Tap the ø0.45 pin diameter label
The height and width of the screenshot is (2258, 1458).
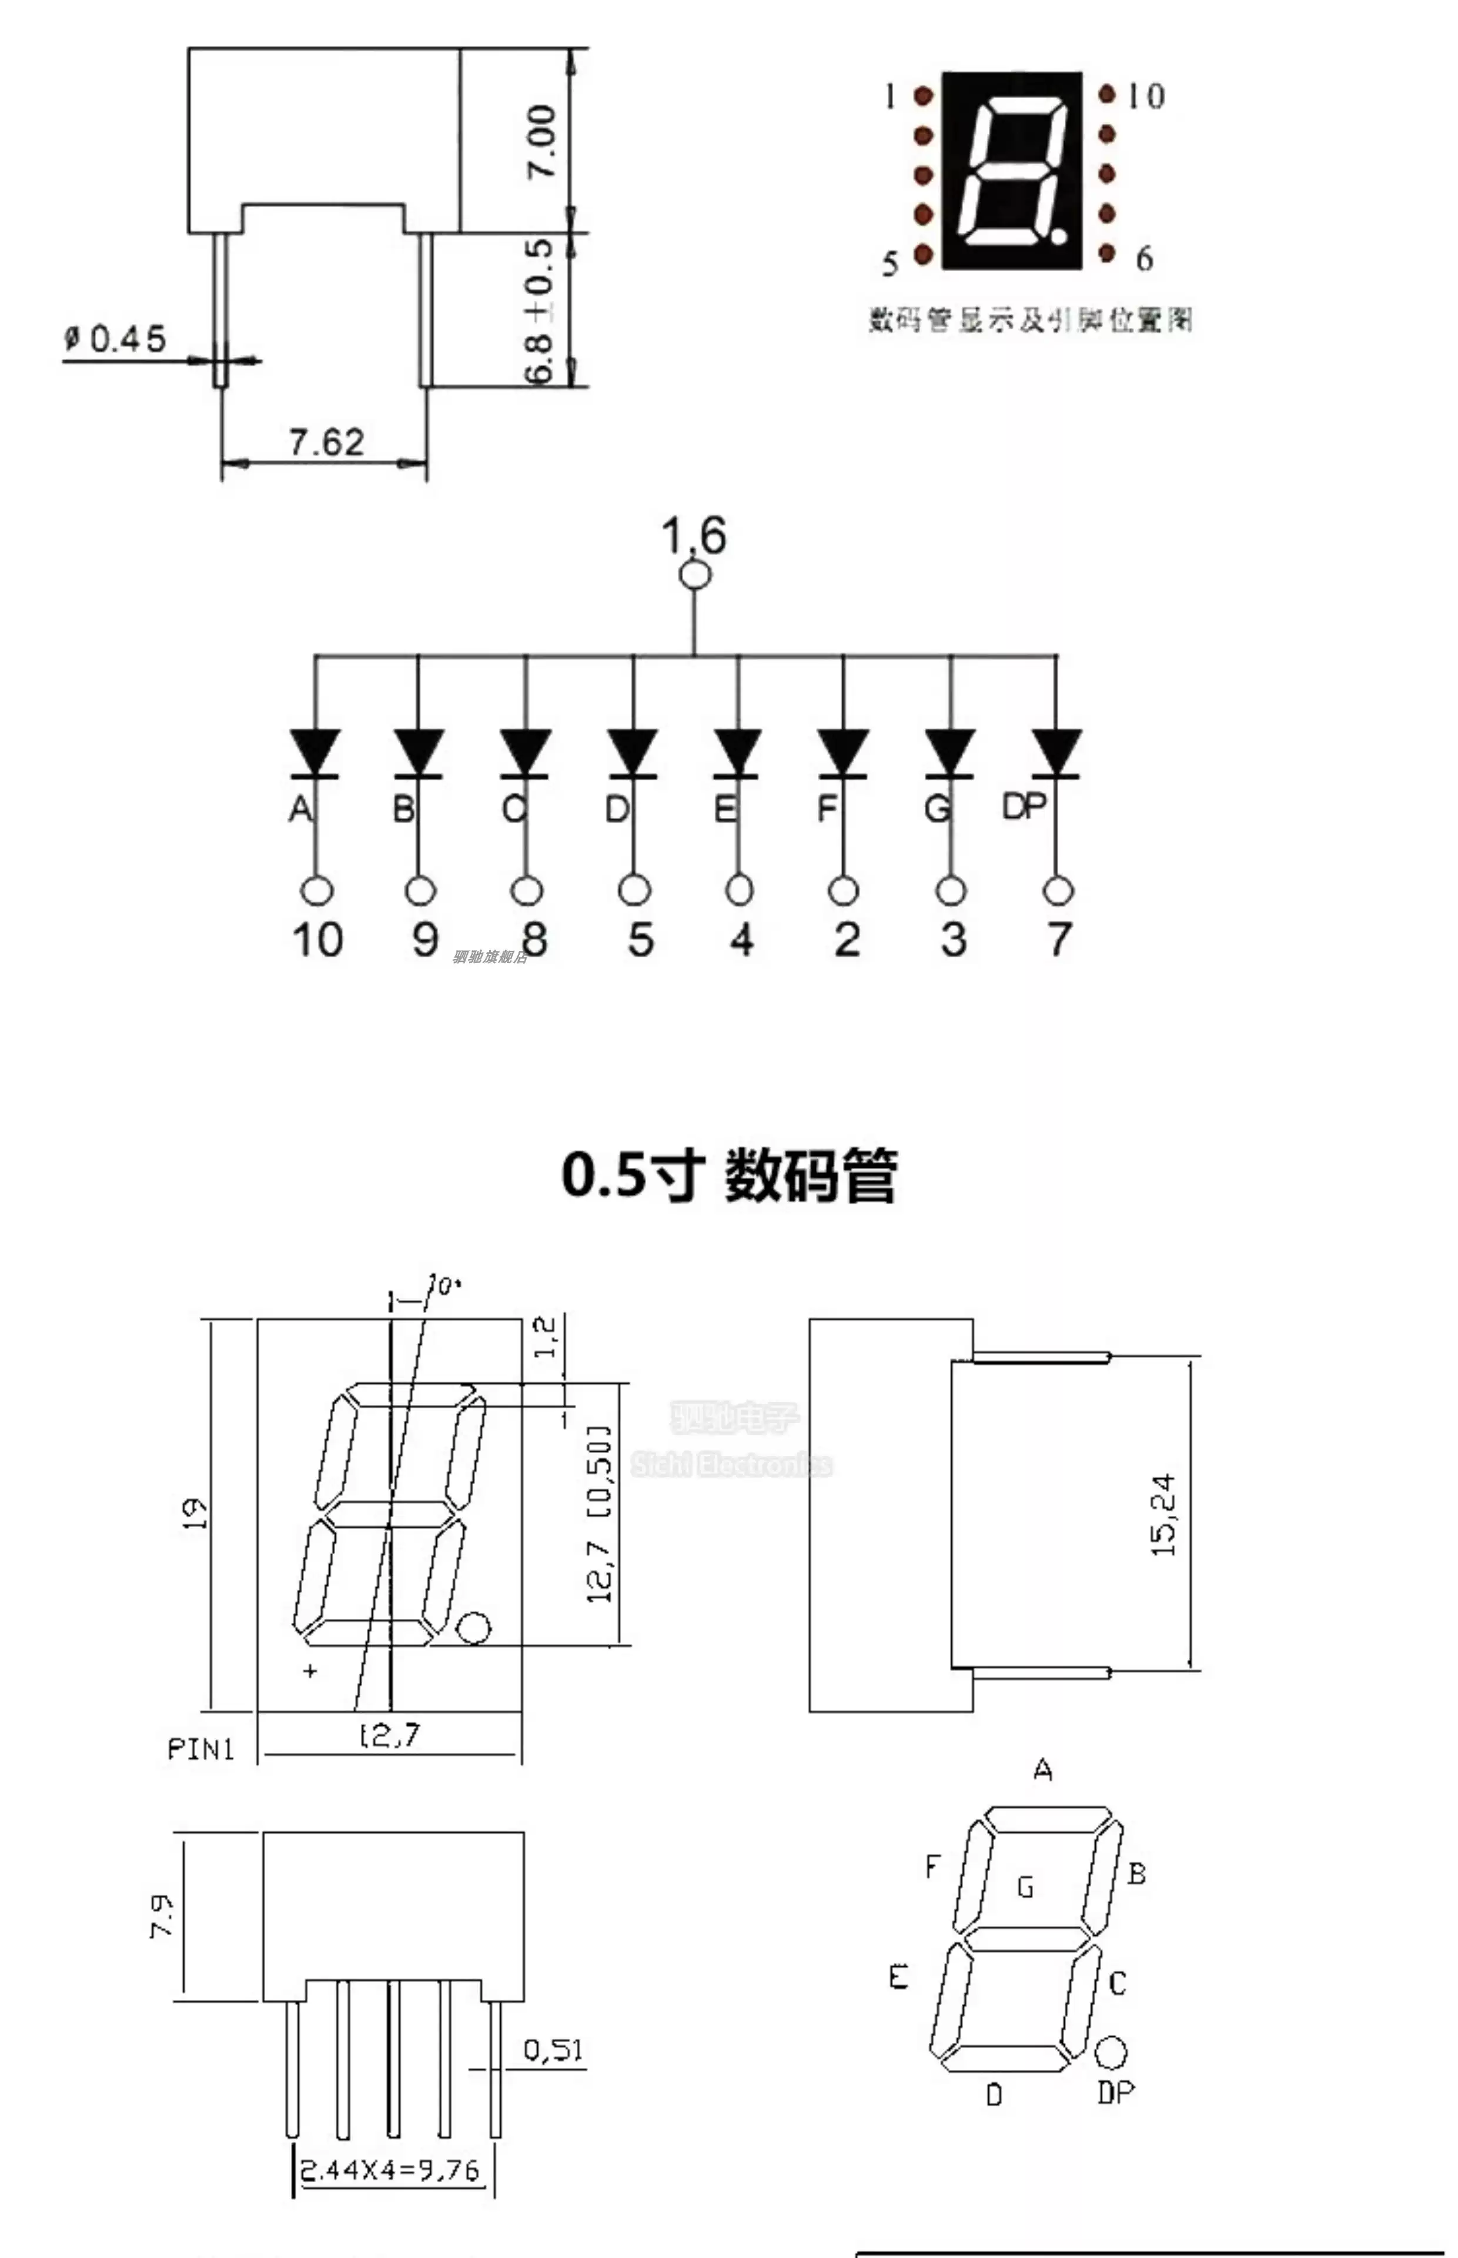point(115,339)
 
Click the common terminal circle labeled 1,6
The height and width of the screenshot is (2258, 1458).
point(695,574)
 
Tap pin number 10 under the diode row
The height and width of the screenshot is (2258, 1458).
point(317,940)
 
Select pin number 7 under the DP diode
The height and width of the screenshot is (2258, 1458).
point(1058,940)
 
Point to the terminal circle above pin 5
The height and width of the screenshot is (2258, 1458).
point(634,890)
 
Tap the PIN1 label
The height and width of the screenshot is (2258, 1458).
point(200,1749)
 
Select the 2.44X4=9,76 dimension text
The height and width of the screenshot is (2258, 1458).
point(390,2169)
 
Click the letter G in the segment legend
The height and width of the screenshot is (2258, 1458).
point(1025,1888)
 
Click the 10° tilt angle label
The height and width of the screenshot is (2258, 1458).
point(443,1285)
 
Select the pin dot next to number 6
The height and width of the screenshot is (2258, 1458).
point(1107,253)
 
